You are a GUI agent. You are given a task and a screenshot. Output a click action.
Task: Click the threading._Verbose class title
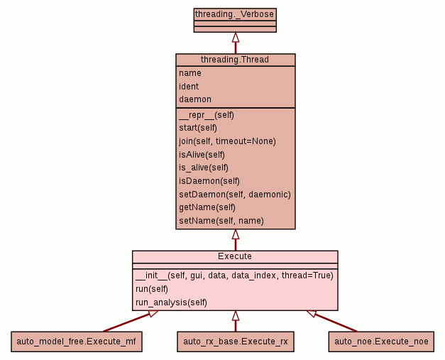point(235,13)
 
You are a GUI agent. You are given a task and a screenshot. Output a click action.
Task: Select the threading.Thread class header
point(235,60)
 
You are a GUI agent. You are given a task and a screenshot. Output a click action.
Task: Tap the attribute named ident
point(189,87)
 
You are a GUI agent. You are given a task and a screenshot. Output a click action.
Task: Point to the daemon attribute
point(194,99)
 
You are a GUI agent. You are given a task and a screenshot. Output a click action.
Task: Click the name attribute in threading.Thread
point(189,73)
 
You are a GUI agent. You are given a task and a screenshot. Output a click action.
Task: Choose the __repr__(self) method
point(206,115)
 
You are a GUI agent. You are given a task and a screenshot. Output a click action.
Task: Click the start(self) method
point(197,128)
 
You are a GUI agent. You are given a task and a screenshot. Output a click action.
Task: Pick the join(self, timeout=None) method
point(227,141)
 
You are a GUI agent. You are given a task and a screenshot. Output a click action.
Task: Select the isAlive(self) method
point(202,155)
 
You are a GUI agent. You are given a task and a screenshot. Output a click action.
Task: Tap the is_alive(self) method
point(203,168)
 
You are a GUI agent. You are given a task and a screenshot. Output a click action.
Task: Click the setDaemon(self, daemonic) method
point(234,195)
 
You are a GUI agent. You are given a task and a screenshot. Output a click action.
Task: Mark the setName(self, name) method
point(221,221)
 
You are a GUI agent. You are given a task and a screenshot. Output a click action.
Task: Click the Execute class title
point(235,256)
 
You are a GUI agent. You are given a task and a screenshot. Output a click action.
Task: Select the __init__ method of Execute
point(234,276)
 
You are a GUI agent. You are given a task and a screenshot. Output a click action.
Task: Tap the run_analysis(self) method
point(170,302)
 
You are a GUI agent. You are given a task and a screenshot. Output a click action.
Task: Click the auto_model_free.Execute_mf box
point(77,342)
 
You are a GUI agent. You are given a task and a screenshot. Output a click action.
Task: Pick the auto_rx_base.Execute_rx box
point(235,342)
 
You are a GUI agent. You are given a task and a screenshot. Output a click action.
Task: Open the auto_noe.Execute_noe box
point(381,342)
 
